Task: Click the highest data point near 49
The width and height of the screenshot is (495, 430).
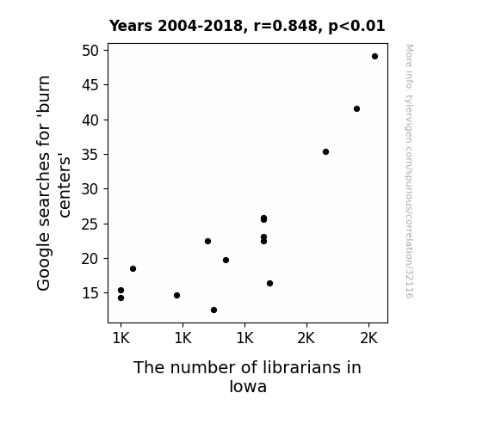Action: (374, 57)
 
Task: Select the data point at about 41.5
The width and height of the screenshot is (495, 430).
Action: (356, 109)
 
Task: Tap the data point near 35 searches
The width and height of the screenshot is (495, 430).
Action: (325, 151)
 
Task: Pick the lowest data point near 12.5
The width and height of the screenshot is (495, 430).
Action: (213, 310)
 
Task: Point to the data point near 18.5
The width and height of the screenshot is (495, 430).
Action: (133, 269)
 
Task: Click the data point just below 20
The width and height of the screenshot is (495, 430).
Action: (226, 261)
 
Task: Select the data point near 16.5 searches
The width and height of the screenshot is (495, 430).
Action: (269, 283)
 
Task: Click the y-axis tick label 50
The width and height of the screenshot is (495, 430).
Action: (90, 51)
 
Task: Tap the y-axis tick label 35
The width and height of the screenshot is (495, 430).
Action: (90, 155)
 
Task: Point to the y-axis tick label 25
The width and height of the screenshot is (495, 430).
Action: (90, 224)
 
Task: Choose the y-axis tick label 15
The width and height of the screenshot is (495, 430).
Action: (90, 293)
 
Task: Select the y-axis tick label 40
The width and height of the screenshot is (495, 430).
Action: (90, 120)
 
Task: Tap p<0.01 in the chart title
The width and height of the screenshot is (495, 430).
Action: (356, 27)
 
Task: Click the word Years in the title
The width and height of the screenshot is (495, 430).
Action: (131, 26)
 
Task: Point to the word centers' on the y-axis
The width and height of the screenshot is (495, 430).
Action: (64, 186)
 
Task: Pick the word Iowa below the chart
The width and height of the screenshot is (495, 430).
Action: (248, 386)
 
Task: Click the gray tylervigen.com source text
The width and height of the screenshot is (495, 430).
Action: (409, 171)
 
